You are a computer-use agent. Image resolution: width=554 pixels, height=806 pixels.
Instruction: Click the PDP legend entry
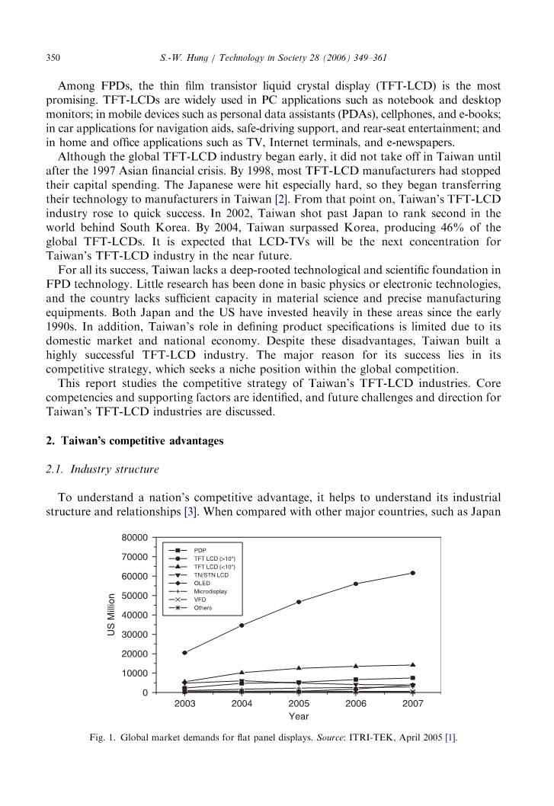click(x=199, y=550)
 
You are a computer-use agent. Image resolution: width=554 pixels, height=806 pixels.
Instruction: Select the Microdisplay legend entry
click(x=210, y=591)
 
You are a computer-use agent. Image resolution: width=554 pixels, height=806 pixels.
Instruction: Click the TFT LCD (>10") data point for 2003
click(x=184, y=653)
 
